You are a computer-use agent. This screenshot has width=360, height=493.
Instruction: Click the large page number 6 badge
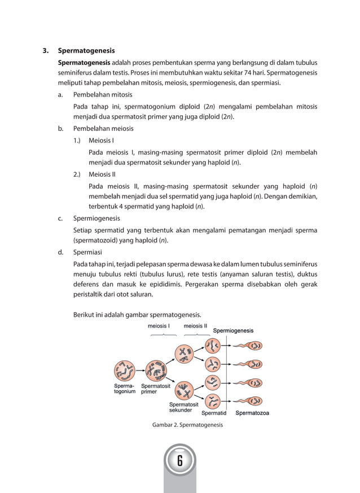click(x=179, y=461)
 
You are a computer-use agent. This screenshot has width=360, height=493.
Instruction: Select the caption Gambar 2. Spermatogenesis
click(x=187, y=425)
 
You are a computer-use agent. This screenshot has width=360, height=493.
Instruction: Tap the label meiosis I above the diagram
click(x=159, y=326)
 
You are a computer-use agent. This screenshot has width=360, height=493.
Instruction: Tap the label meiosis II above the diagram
click(x=195, y=326)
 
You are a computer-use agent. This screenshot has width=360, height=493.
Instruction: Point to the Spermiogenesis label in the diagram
click(x=233, y=331)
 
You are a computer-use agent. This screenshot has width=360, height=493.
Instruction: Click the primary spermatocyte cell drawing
click(x=156, y=371)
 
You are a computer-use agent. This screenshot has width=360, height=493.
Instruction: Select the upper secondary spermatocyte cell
click(x=185, y=354)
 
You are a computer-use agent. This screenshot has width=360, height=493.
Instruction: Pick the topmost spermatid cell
click(x=213, y=346)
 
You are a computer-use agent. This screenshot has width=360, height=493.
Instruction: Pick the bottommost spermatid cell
click(x=213, y=402)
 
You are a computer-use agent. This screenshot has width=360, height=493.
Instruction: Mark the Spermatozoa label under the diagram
click(x=252, y=413)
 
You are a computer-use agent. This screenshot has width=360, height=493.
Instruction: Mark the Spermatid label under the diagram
click(x=214, y=413)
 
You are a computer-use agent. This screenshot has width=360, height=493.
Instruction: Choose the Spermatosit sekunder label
click(x=184, y=407)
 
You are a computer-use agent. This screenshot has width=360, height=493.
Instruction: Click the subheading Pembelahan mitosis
click(x=103, y=95)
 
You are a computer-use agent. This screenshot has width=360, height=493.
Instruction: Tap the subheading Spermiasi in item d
click(x=88, y=252)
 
